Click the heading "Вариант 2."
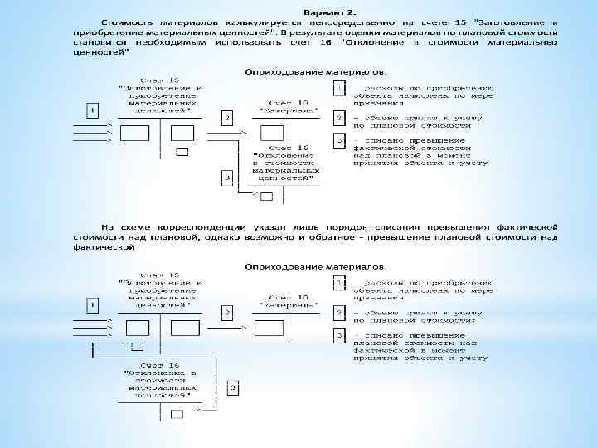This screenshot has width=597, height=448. (329, 13)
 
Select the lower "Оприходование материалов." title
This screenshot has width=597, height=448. (315, 267)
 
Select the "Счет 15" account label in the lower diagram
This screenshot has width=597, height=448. (159, 275)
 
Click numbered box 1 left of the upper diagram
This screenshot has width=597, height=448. (93, 109)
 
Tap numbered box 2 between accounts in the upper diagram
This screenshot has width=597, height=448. (226, 118)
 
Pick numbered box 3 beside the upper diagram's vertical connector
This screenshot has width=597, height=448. (226, 178)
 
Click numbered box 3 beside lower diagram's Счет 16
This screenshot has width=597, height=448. (233, 387)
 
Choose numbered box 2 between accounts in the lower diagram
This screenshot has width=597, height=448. (226, 313)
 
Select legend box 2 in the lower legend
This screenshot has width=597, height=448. (338, 313)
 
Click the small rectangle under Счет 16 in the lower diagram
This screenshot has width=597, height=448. (176, 413)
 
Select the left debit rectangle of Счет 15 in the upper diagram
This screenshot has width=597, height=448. (134, 133)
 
